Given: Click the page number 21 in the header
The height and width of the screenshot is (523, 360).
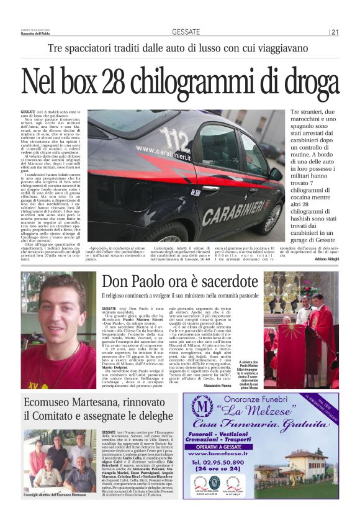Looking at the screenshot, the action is click(335, 32).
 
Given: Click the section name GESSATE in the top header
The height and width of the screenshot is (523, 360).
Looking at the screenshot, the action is click(186, 32).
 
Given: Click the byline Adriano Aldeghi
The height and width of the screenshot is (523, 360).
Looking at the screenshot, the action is click(326, 257).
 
